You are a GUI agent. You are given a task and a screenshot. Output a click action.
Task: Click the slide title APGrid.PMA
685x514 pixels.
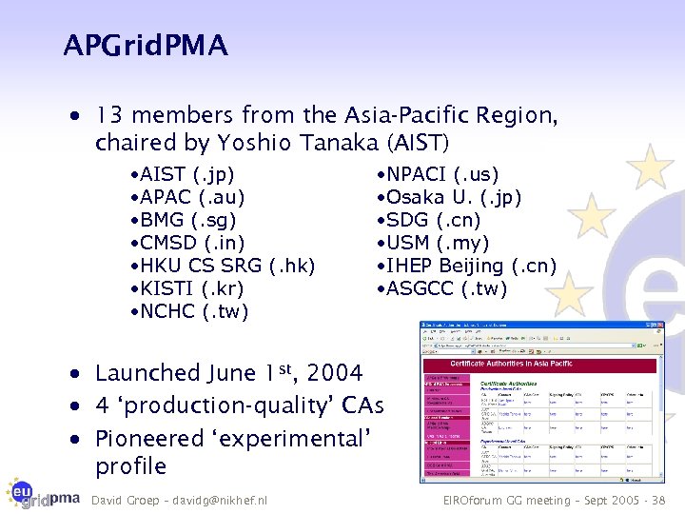[146, 45]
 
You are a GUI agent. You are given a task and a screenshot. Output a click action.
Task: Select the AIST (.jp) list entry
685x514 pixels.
[183, 175]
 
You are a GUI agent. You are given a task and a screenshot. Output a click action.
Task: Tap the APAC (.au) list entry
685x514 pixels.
[187, 198]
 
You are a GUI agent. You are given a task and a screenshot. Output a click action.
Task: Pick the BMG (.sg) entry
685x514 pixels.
[183, 221]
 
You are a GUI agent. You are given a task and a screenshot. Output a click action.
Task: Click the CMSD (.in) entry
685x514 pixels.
[186, 243]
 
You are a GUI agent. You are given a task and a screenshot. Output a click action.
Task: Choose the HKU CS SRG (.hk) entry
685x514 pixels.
[224, 266]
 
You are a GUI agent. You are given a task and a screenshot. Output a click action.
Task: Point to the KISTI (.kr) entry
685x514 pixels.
[187, 288]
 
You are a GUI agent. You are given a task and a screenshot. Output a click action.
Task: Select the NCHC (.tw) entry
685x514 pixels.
[189, 311]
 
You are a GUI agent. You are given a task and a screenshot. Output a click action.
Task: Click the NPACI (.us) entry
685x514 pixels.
[438, 175]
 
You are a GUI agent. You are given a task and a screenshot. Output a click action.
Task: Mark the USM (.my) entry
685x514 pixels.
[437, 243]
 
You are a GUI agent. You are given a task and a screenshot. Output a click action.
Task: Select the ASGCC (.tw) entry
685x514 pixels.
[442, 288]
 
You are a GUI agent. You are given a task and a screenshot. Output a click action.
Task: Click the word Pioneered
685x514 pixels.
[150, 439]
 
